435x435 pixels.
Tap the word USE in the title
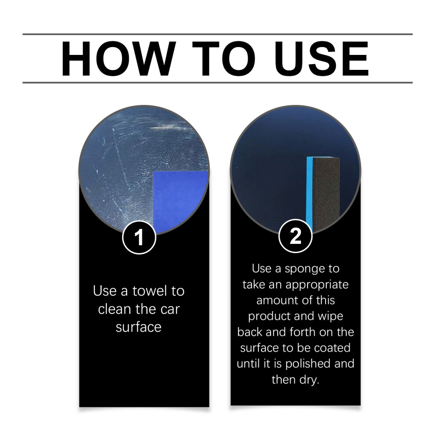pos(322,58)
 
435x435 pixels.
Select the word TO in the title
pos(224,58)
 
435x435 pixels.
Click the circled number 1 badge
pos(139,237)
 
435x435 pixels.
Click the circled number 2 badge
pos(295,236)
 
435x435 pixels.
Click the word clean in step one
pos(113,309)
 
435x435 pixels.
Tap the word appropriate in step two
pos(317,285)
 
